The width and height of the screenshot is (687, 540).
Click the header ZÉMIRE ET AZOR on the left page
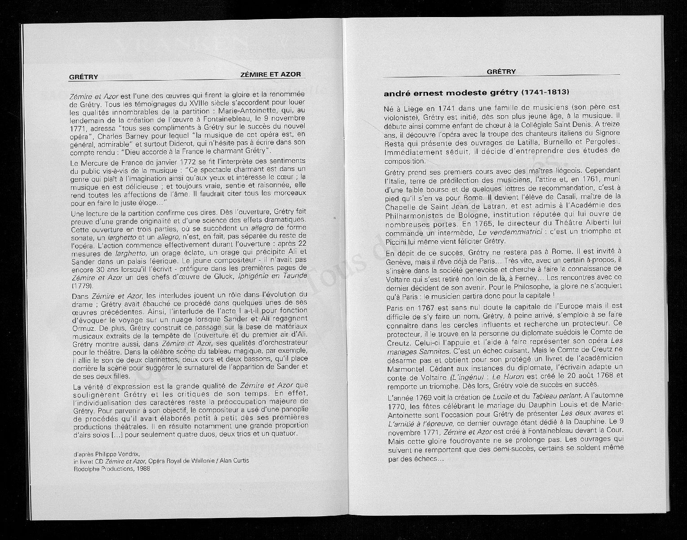pyautogui.click(x=270, y=74)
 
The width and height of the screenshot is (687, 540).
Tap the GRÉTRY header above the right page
pyautogui.click(x=501, y=72)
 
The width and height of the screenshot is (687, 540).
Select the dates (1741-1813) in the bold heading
pyautogui.click(x=545, y=93)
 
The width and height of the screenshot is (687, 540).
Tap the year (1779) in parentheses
pyautogui.click(x=82, y=285)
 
